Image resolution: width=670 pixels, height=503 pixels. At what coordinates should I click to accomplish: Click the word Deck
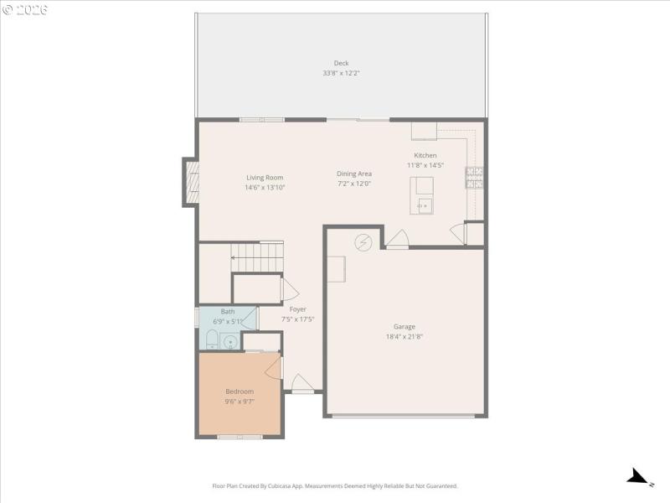pyautogui.click(x=341, y=63)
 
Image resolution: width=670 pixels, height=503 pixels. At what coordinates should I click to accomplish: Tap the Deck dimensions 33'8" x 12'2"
pyautogui.click(x=341, y=73)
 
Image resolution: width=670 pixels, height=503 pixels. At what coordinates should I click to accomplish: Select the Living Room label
pyautogui.click(x=265, y=177)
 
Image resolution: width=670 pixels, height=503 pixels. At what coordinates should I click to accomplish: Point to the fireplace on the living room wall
pyautogui.click(x=192, y=182)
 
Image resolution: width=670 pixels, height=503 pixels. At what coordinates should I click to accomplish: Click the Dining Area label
pyautogui.click(x=354, y=174)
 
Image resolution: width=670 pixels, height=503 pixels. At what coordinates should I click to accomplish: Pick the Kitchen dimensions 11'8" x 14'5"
pyautogui.click(x=425, y=165)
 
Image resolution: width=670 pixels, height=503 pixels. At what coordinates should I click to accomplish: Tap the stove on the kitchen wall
pyautogui.click(x=475, y=177)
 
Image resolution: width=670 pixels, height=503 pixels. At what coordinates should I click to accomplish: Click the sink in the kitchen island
pyautogui.click(x=423, y=205)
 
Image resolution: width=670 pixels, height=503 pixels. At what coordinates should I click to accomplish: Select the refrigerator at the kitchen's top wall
pyautogui.click(x=424, y=131)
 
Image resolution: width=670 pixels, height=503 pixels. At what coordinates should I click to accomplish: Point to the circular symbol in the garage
pyautogui.click(x=363, y=242)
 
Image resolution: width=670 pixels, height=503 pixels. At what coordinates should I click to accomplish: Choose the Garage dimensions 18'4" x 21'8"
pyautogui.click(x=405, y=337)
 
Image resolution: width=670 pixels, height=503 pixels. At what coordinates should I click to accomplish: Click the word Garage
pyautogui.click(x=405, y=327)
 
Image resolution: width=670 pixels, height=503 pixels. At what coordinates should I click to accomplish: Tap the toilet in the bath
pyautogui.click(x=212, y=340)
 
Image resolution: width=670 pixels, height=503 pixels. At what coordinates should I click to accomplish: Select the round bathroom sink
pyautogui.click(x=230, y=341)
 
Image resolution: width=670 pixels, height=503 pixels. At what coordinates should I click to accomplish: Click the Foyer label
pyautogui.click(x=298, y=309)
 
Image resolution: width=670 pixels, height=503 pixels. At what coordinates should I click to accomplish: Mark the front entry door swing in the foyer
pyautogui.click(x=302, y=382)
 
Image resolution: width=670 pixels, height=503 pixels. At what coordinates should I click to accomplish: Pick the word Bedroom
pyautogui.click(x=240, y=392)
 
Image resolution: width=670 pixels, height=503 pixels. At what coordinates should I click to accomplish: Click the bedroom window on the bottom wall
pyautogui.click(x=240, y=437)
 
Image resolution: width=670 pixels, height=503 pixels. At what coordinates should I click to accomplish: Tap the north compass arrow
pyautogui.click(x=639, y=477)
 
